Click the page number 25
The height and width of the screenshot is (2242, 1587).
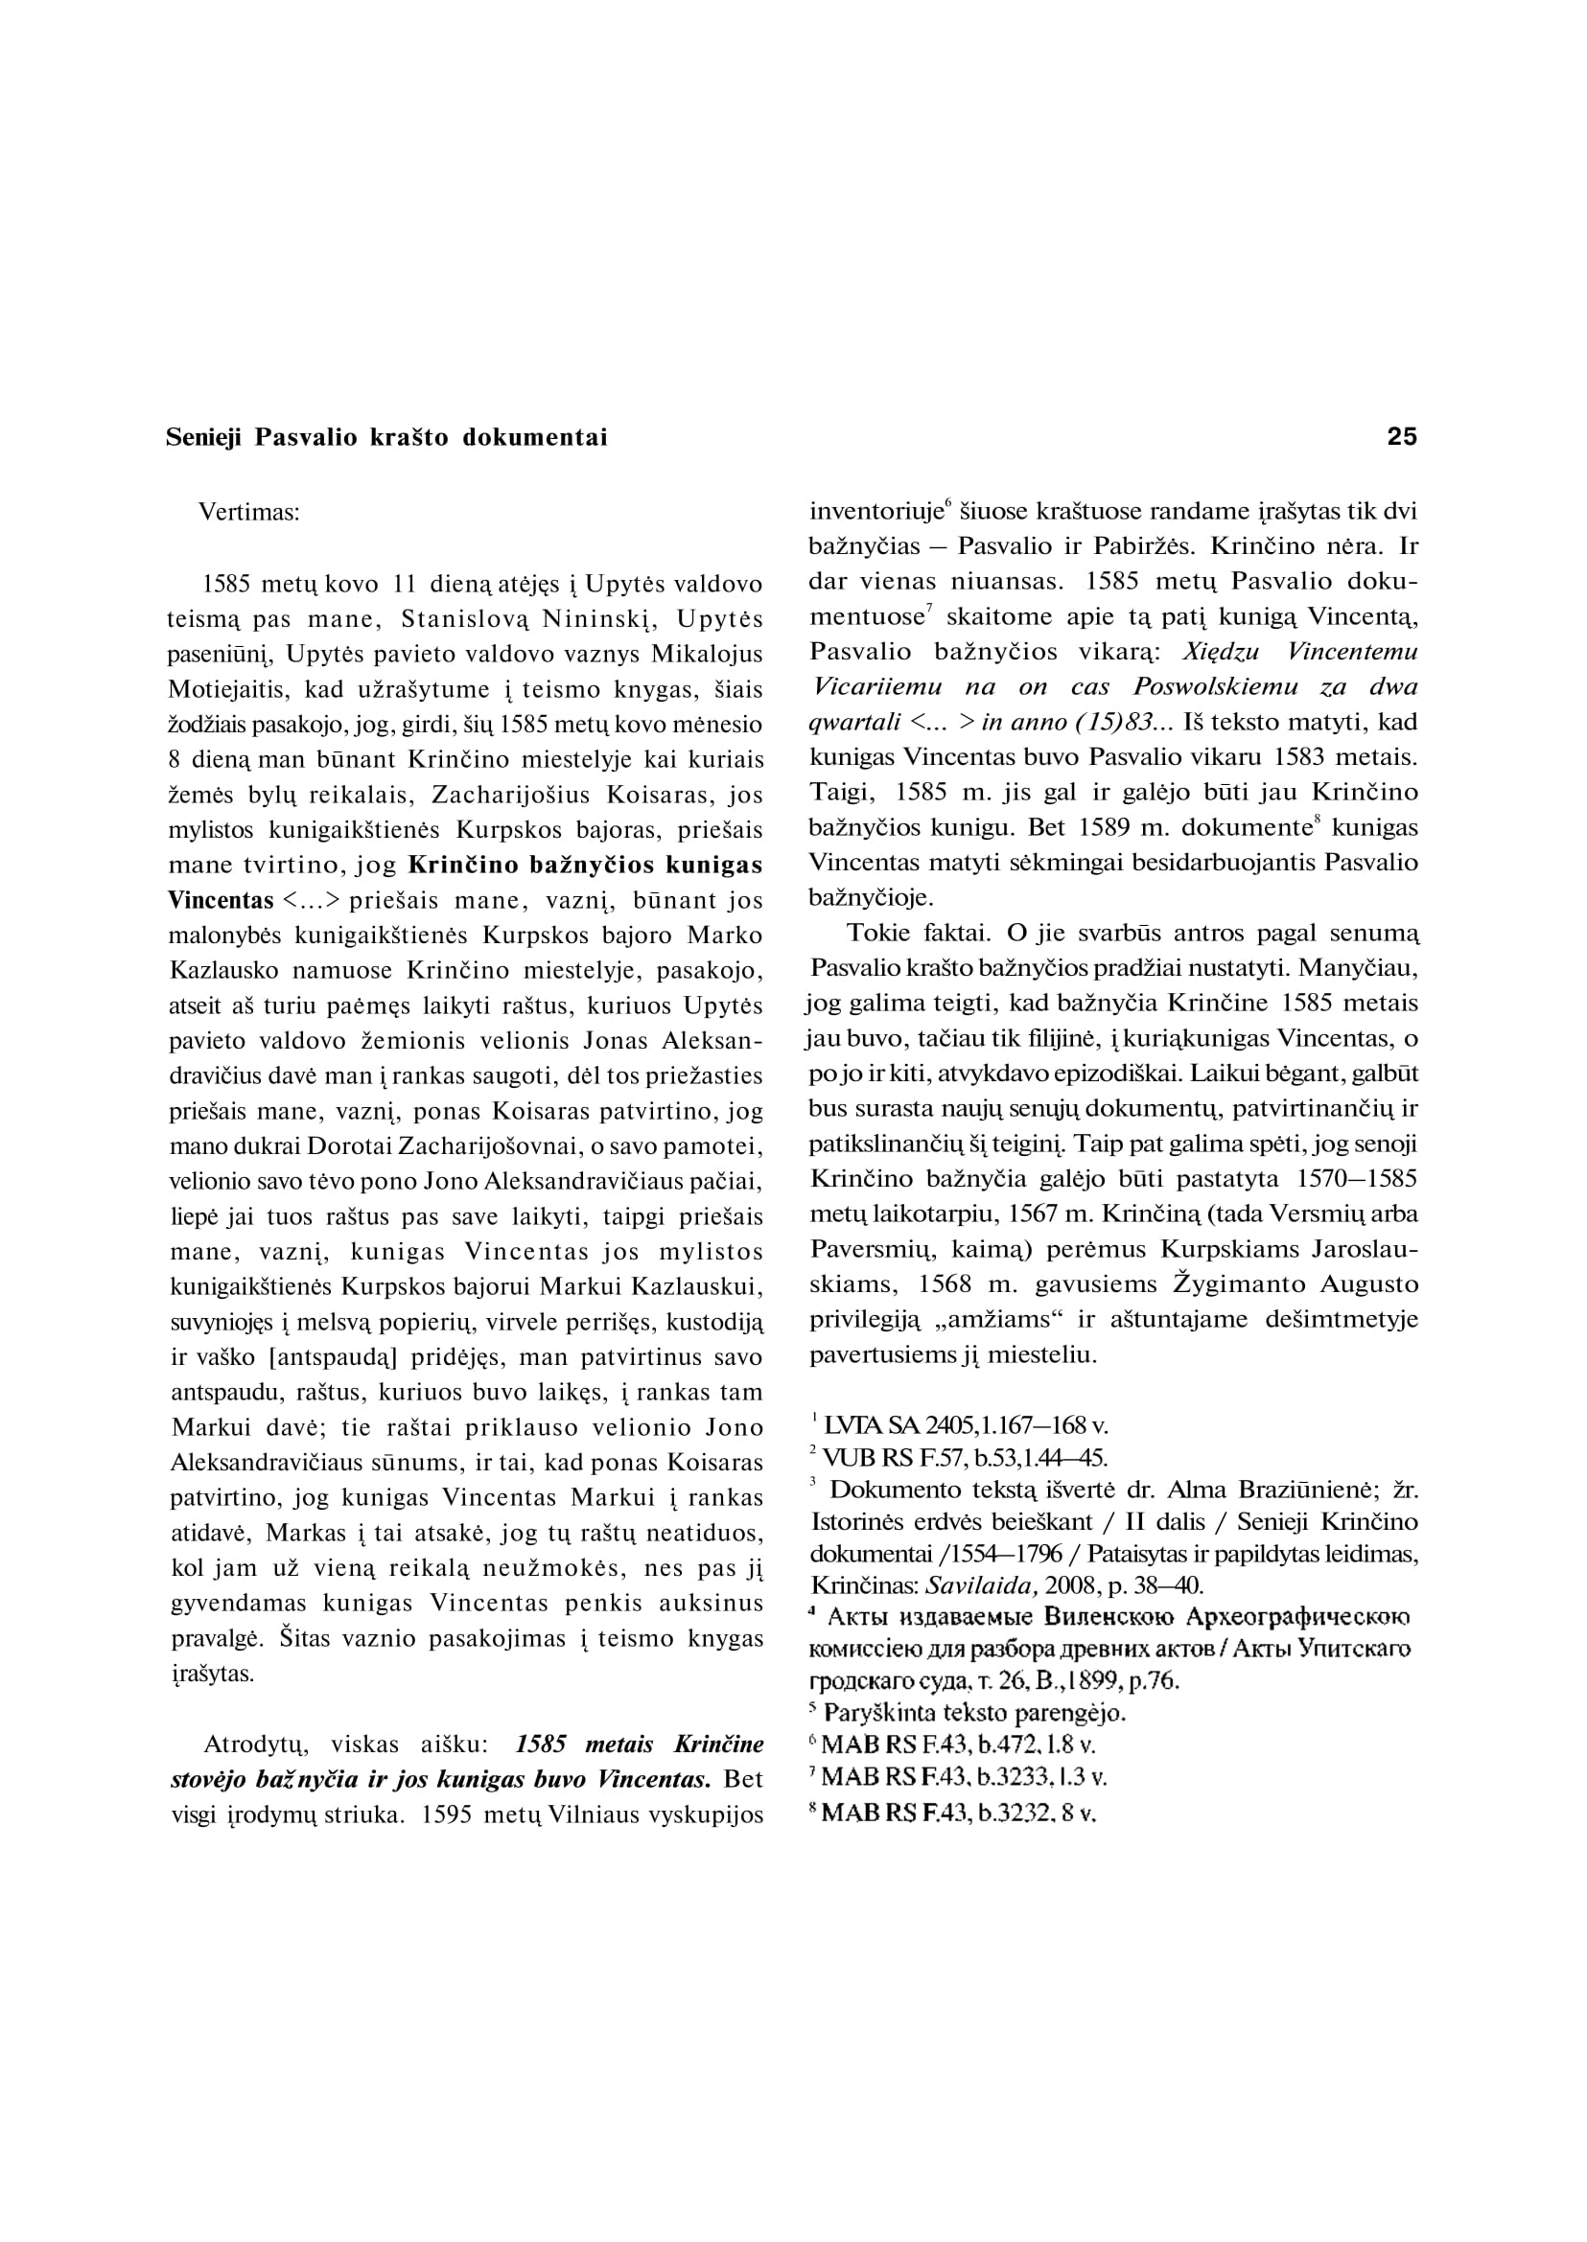coord(1401,437)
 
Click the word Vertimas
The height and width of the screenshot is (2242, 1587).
coord(248,512)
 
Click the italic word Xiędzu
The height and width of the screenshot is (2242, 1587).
coord(1221,652)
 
